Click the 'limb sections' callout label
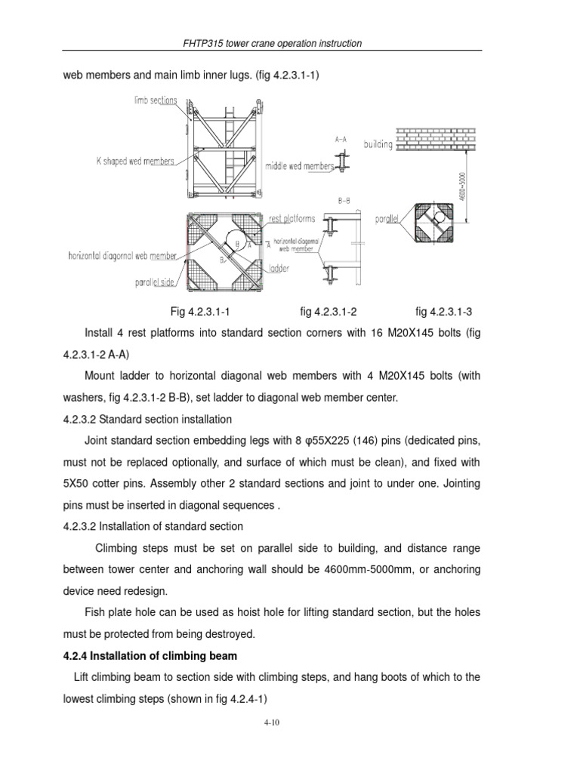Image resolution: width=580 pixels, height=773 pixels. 156,100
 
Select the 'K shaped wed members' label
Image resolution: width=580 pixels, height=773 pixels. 136,161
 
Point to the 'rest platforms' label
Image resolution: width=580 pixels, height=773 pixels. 292,219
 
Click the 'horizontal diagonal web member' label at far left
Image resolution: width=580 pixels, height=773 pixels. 122,255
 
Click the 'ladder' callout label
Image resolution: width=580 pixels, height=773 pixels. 279,268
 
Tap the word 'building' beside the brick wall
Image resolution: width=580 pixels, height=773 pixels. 378,143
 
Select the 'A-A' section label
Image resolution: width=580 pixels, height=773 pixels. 341,140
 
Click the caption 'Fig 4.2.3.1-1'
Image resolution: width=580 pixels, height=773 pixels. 199,311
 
